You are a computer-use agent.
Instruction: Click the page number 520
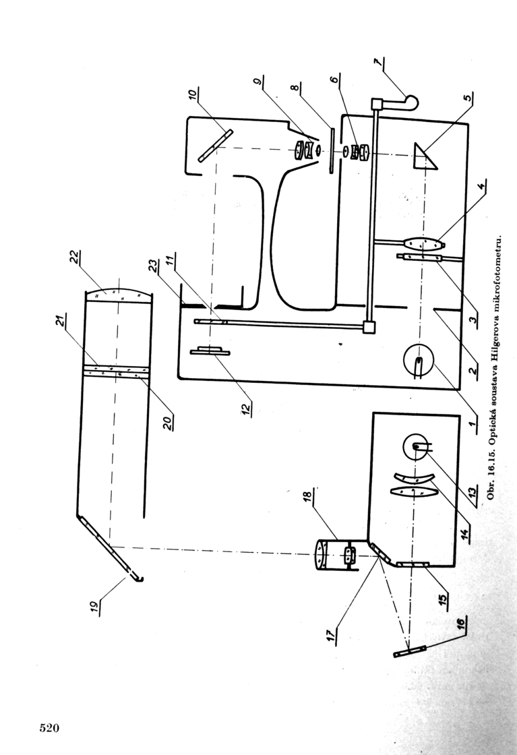(x=49, y=727)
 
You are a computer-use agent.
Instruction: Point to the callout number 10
(x=193, y=95)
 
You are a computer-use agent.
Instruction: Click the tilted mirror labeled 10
(x=216, y=146)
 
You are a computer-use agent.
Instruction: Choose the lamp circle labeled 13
(x=417, y=448)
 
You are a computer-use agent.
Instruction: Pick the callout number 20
(x=167, y=422)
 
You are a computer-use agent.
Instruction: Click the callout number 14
(x=464, y=533)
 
